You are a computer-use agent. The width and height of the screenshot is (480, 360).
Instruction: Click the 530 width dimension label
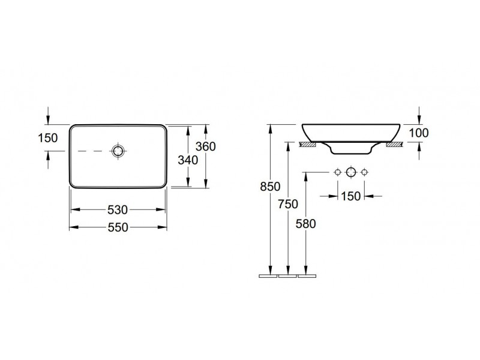118,209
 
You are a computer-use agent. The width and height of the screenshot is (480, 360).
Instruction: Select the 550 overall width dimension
118,227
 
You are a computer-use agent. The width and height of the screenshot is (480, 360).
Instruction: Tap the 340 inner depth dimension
188,160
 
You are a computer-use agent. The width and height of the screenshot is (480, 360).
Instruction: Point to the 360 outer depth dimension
206,146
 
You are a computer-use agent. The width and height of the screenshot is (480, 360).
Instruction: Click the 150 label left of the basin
48,138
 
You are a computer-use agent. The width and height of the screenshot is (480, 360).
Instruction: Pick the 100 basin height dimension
419,133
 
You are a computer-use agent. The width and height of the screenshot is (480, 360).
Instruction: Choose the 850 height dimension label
271,187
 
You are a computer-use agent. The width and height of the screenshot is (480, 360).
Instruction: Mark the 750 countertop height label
288,204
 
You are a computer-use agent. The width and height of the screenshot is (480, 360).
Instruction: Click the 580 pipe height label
305,224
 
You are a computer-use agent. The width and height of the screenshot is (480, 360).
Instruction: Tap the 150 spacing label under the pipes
351,196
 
